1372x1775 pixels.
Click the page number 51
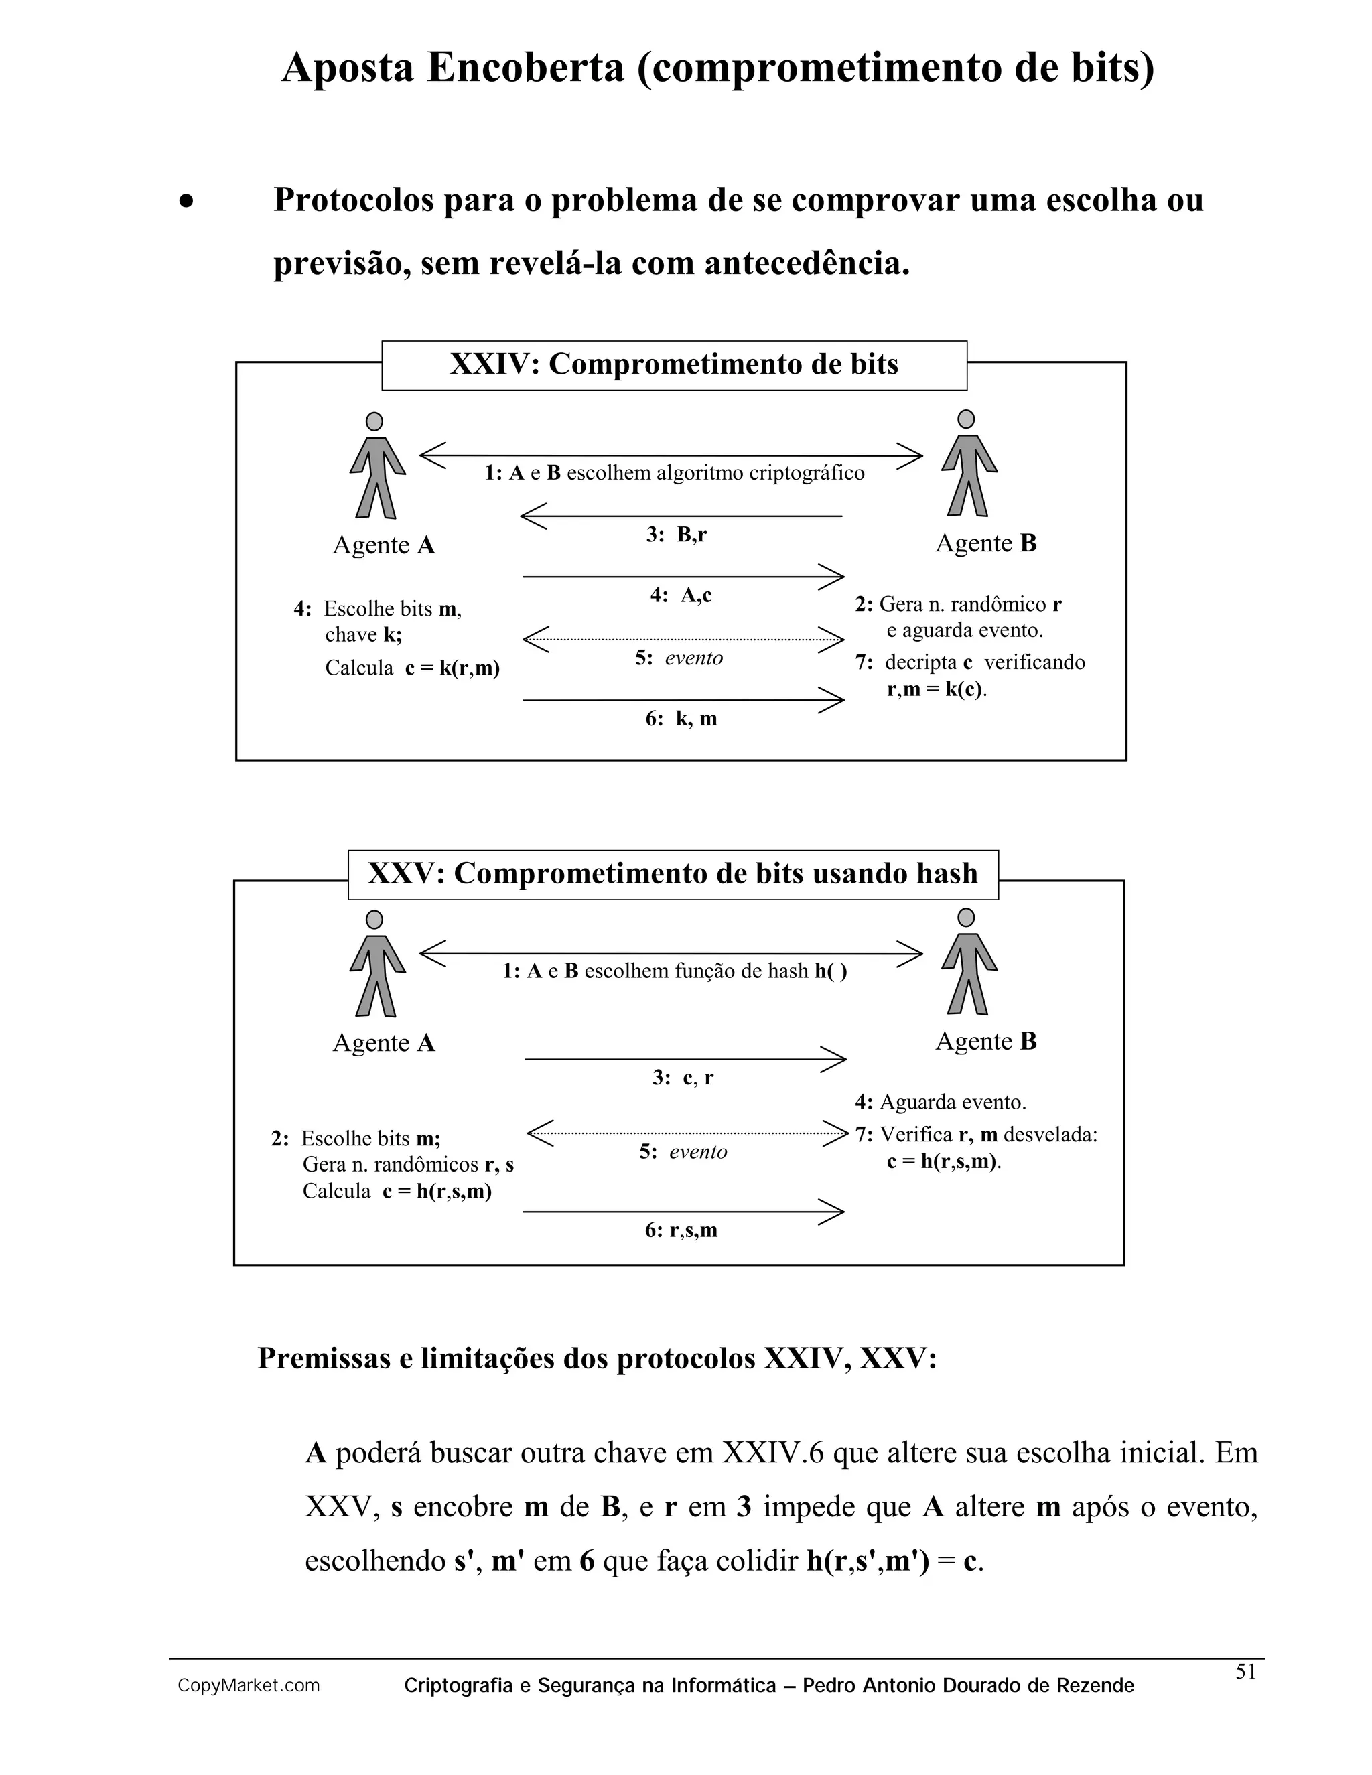tap(1246, 1672)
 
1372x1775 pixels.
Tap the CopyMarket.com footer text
tap(249, 1687)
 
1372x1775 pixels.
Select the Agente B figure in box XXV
tap(969, 963)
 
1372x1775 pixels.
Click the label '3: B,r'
tap(676, 535)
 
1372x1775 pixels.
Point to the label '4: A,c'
tap(681, 595)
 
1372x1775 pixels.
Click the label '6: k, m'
tap(681, 719)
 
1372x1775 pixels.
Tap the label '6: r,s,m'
tap(681, 1230)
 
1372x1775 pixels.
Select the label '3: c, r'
tap(683, 1078)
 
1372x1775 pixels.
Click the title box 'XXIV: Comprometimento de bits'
tap(674, 365)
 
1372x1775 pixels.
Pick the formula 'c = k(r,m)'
tap(453, 668)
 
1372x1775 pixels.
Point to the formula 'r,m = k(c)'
tap(937, 690)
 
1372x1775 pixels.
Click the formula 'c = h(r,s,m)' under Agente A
tap(437, 1192)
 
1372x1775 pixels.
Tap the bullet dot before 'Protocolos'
tap(188, 201)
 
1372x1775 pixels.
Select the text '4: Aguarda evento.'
tap(941, 1103)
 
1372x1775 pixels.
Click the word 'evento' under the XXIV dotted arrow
tap(693, 658)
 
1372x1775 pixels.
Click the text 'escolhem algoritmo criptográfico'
tap(715, 473)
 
